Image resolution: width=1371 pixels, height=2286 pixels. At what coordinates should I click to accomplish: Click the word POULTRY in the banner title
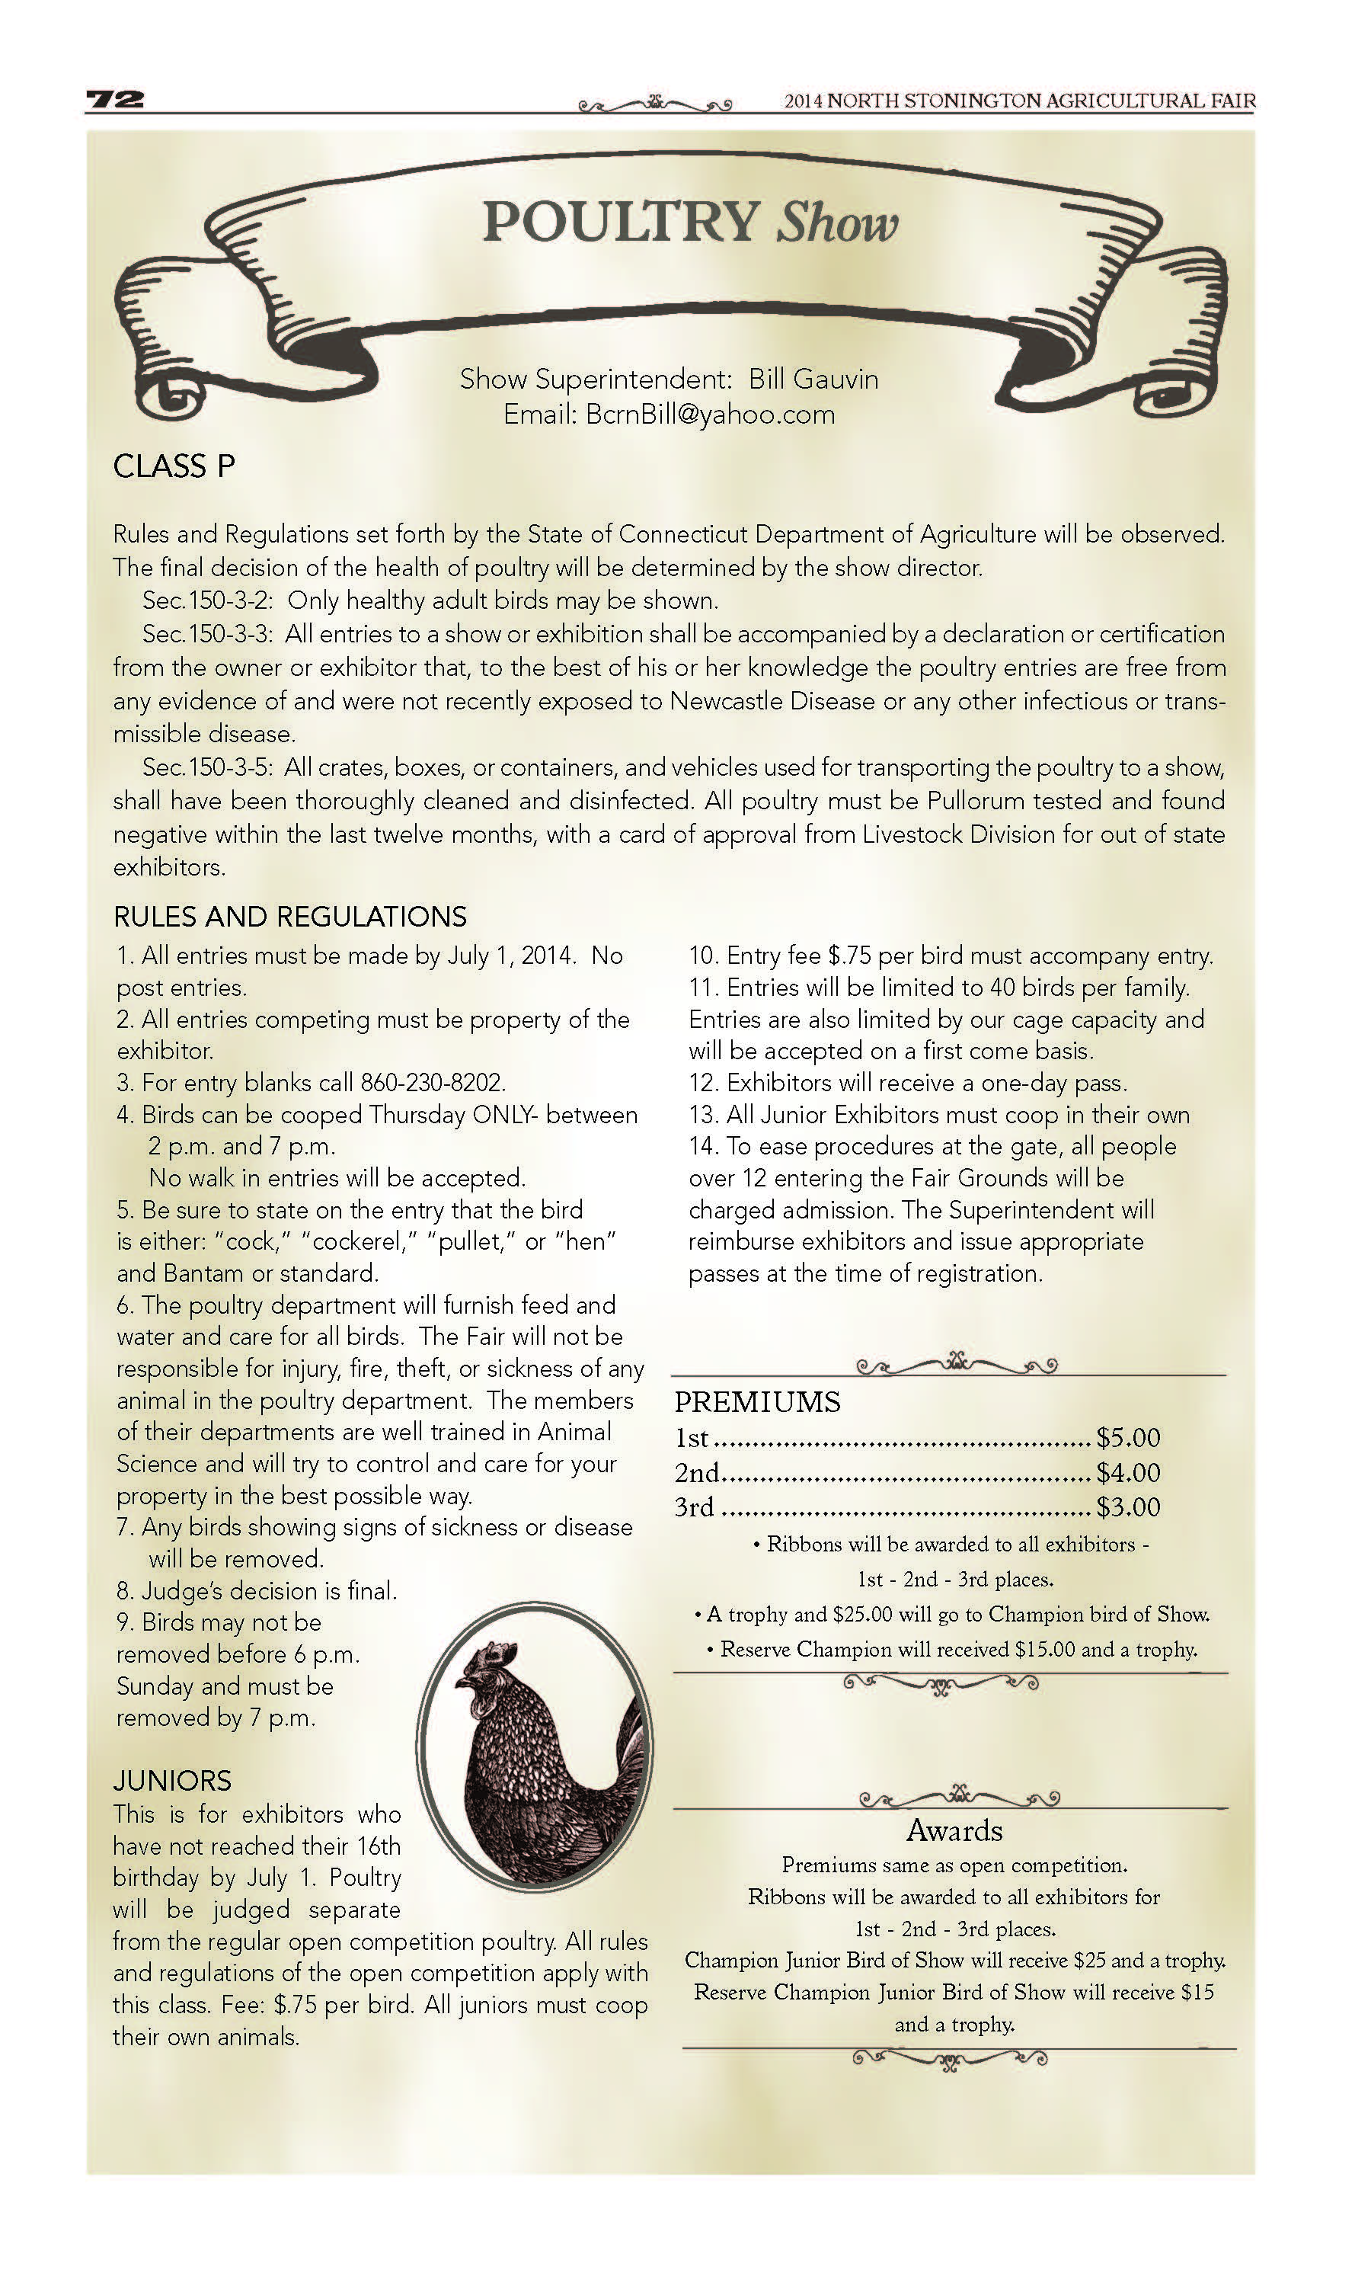click(x=620, y=223)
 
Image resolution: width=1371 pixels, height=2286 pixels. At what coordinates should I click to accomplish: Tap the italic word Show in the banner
click(x=837, y=225)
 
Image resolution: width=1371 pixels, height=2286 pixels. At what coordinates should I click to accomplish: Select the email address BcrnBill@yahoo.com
click(x=710, y=414)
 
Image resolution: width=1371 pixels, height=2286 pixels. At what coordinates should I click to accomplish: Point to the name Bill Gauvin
click(x=813, y=379)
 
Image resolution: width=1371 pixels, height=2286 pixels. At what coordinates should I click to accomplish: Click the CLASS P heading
click(x=174, y=466)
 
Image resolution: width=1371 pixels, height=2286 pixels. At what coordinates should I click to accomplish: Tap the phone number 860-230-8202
click(x=433, y=1082)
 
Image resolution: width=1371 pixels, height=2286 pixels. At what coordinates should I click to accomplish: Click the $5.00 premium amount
click(x=1127, y=1437)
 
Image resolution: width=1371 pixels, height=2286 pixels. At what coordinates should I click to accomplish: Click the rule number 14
click(x=702, y=1146)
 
